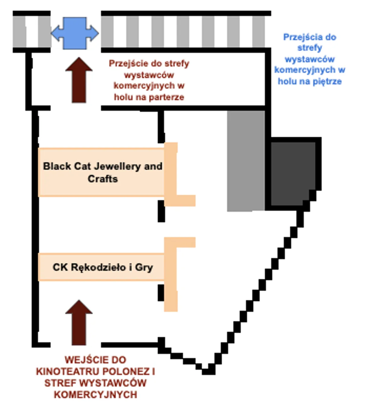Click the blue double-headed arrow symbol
[x=75, y=33]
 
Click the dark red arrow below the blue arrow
[x=79, y=80]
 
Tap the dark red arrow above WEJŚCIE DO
[x=79, y=323]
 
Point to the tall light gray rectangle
[x=246, y=161]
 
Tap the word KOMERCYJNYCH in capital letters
[x=96, y=394]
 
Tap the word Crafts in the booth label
[x=103, y=179]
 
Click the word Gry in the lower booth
[x=144, y=267]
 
